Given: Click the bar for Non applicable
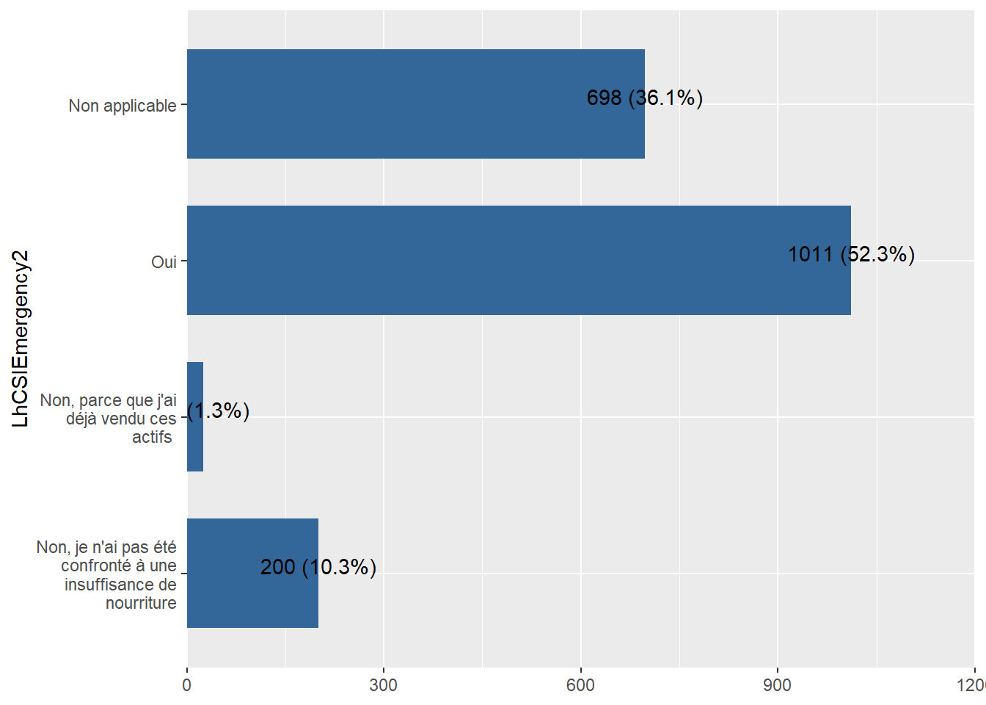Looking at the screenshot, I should pos(415,104).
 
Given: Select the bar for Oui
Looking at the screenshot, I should pos(518,260).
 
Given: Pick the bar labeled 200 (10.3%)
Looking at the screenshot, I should pos(252,573).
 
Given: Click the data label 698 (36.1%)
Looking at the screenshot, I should pos(644,98).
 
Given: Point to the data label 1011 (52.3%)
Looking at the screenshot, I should pos(850,254).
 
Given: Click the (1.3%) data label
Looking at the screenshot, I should pos(219,411).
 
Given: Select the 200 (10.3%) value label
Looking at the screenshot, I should pos(318,567).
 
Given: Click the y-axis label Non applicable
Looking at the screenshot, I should pos(123,106).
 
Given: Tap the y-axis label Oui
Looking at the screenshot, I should pos(164,262).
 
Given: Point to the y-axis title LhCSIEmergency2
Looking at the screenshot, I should pos(21,339).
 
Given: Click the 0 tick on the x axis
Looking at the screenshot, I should pos(187,685).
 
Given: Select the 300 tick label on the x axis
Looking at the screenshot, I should pos(383,685).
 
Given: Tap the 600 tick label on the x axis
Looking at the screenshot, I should pos(580,685).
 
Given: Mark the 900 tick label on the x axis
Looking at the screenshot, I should pos(777,685).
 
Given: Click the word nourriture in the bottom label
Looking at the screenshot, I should pos(141,603).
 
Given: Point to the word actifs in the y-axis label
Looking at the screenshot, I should pos(152,437).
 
